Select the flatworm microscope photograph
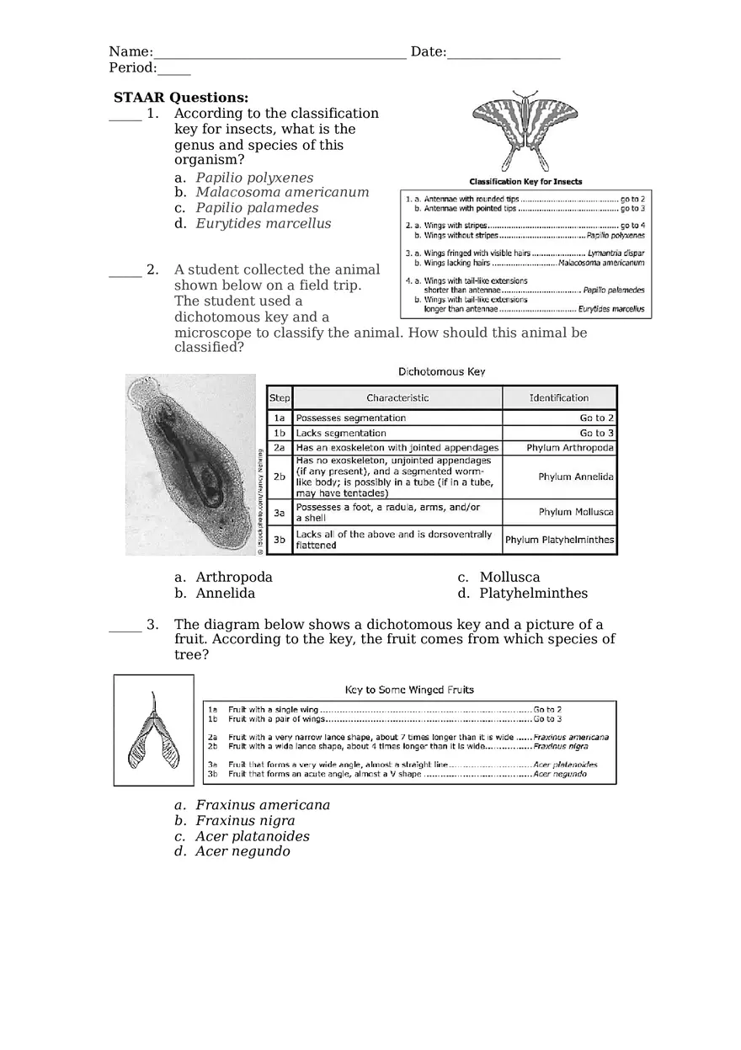click(x=190, y=465)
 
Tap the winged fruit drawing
click(x=153, y=731)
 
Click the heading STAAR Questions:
click(x=181, y=98)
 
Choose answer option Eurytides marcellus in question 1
click(x=263, y=223)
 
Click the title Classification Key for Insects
click(x=525, y=181)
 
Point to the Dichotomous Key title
click(x=441, y=371)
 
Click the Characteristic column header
click(x=397, y=397)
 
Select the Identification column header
click(x=559, y=397)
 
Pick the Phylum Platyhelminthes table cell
click(x=560, y=540)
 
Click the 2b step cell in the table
click(x=280, y=477)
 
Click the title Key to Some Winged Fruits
click(x=409, y=690)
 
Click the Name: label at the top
click(x=131, y=52)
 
